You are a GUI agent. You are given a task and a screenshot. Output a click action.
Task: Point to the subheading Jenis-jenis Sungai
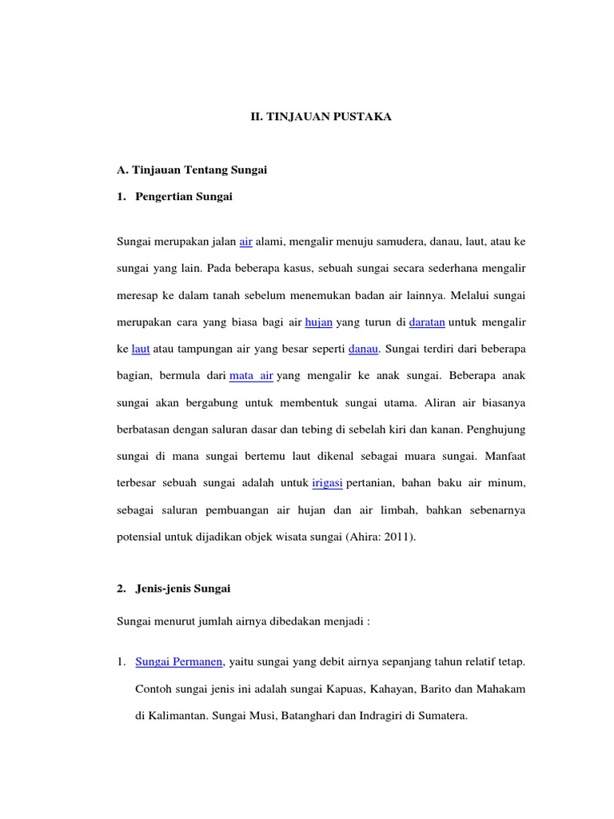(181, 589)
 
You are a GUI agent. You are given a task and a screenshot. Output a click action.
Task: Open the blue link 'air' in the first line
(245, 241)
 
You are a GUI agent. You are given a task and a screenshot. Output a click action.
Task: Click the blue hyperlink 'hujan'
(320, 322)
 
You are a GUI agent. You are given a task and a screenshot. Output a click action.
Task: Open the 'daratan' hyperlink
(427, 322)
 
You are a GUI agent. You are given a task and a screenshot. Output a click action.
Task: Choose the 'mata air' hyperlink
(251, 375)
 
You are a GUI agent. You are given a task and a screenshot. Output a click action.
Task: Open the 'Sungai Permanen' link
(180, 662)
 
